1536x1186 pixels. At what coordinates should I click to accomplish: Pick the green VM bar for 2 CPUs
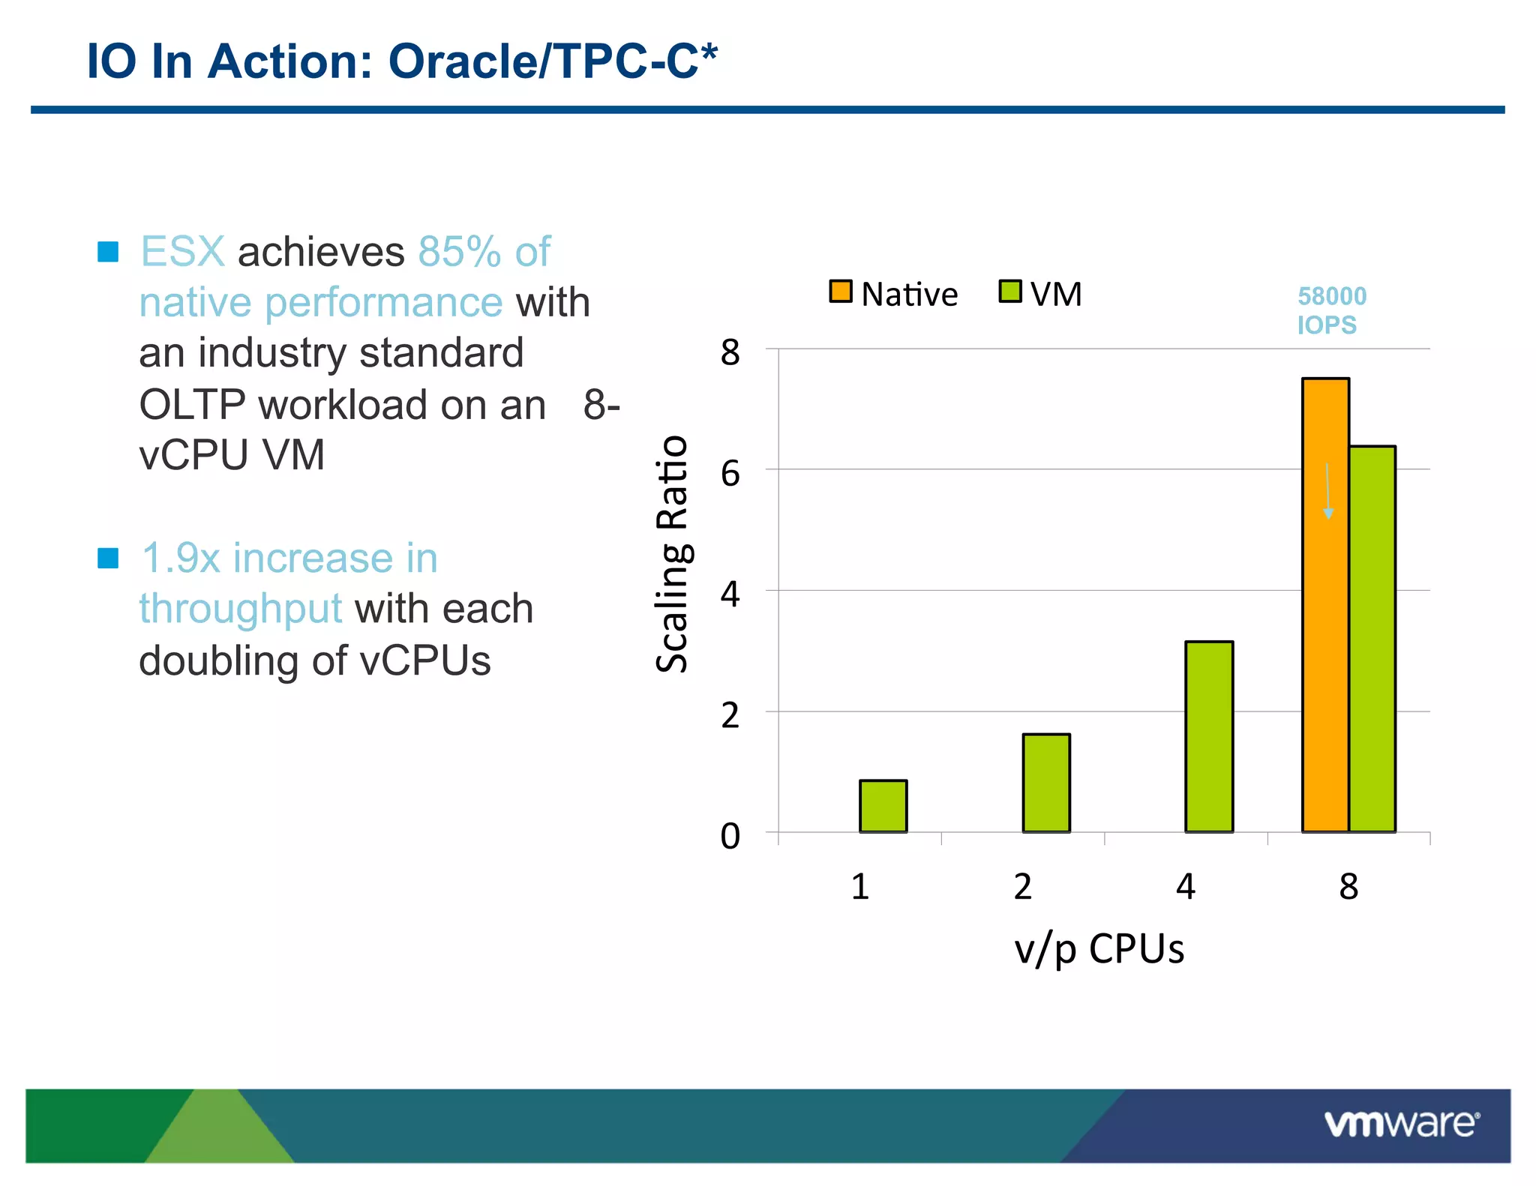(1046, 783)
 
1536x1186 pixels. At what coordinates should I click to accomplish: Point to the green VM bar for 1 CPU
(883, 806)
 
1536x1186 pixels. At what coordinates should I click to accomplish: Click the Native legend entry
(893, 294)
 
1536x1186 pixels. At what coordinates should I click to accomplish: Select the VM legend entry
(1041, 294)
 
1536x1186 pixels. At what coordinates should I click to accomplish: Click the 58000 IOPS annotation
(1331, 310)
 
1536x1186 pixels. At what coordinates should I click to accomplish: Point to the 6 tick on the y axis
(730, 474)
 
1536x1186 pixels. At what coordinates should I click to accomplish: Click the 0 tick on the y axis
(730, 836)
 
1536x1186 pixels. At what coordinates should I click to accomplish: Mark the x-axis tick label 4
(1185, 887)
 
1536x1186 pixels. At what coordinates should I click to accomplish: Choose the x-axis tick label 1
(859, 887)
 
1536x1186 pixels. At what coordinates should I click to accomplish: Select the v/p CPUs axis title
(1099, 949)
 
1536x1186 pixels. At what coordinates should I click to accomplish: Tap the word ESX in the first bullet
(182, 251)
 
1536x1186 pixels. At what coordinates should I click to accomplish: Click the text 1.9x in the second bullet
(180, 559)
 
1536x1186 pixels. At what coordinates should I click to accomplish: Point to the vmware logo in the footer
(1401, 1125)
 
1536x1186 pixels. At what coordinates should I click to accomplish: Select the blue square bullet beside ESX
(108, 252)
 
